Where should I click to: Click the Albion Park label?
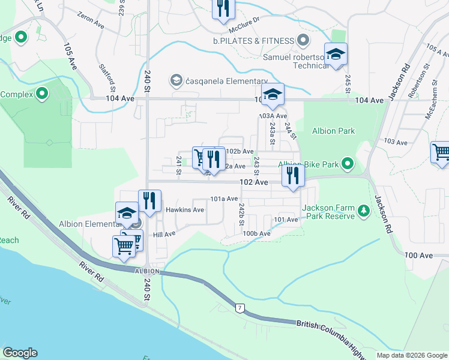tap(333, 131)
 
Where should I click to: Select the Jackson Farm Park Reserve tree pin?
tap(363, 211)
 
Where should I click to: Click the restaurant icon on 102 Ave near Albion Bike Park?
tap(293, 175)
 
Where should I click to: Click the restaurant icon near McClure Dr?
tap(223, 8)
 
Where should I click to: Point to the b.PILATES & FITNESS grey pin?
tap(304, 41)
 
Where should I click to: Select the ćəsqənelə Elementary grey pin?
tap(176, 80)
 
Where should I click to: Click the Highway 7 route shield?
tap(240, 308)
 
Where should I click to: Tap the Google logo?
tap(20, 353)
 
